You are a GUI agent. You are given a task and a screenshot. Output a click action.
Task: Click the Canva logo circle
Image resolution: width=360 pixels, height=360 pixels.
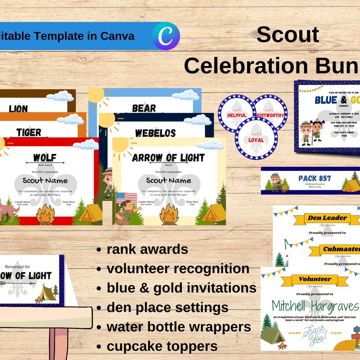[x=166, y=35]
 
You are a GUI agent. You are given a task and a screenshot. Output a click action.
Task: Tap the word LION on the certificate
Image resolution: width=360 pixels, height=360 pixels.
[x=18, y=108]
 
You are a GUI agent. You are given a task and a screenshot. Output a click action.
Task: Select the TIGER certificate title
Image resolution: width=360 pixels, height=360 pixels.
[x=29, y=132]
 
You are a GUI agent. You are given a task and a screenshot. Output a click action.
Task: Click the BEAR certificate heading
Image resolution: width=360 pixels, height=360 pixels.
[x=144, y=108]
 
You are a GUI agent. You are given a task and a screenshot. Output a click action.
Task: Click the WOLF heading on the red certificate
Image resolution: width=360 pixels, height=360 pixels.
[x=45, y=157]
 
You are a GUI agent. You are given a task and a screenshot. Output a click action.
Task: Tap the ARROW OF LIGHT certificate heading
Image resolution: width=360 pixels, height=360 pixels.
[x=168, y=158]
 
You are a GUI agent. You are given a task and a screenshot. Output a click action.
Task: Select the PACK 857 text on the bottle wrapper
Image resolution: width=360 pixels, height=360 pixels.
[x=315, y=178]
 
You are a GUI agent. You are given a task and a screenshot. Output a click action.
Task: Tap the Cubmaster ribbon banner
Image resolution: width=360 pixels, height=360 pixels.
[x=341, y=249]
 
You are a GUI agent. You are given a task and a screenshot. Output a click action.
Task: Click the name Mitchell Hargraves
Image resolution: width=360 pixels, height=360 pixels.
[x=315, y=306]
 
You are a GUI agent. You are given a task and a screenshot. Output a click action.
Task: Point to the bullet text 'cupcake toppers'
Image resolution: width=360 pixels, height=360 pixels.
[x=162, y=346]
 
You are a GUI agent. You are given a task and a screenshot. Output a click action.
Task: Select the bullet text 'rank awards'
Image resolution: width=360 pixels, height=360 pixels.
[x=147, y=249]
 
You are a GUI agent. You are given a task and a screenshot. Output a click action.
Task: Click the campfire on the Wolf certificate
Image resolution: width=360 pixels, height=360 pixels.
[x=45, y=215]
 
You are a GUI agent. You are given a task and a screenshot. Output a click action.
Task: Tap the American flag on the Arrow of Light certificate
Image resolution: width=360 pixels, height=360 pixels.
[x=126, y=197]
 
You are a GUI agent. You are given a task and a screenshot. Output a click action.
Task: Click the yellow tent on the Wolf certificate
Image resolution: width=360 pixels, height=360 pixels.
[x=88, y=213]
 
